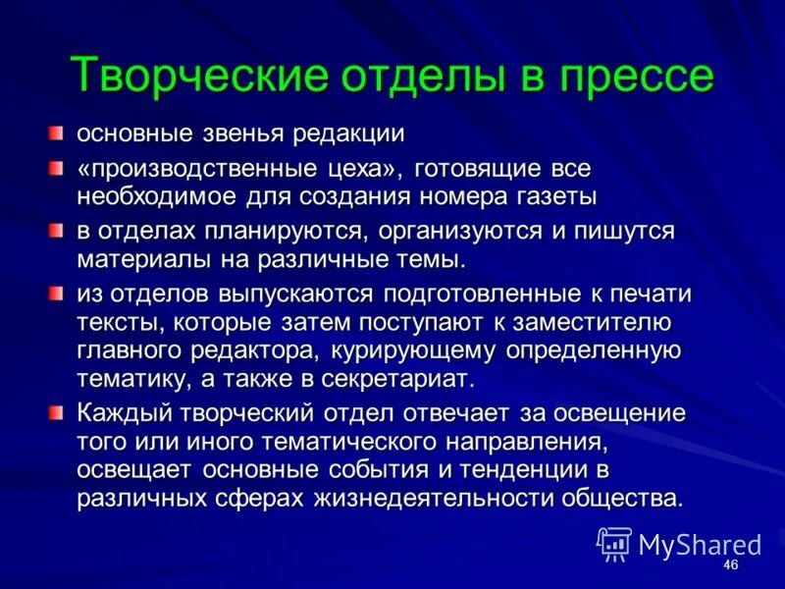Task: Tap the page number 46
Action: (x=729, y=566)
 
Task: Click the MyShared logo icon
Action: (x=614, y=544)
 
